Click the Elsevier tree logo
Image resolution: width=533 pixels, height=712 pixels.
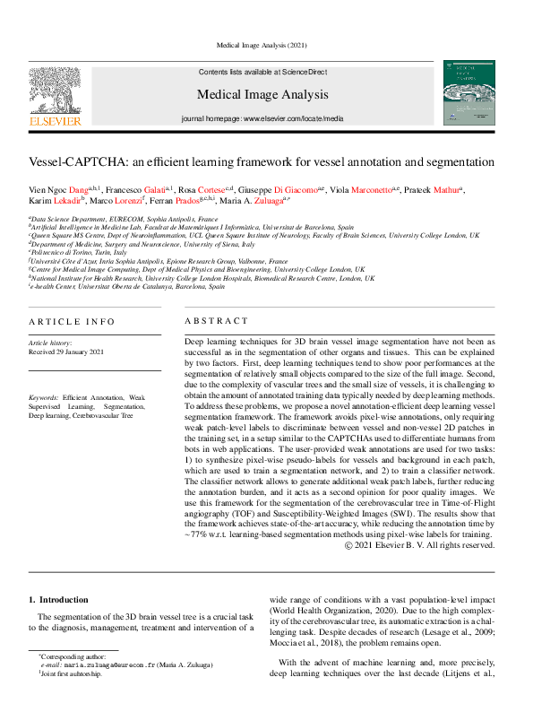56,91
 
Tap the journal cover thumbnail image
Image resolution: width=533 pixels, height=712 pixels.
469,91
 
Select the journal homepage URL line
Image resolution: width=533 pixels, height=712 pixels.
262,117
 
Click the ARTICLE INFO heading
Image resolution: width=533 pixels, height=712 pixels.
72,320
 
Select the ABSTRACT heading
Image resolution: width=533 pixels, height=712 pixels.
216,320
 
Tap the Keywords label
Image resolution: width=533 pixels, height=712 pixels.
43,395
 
